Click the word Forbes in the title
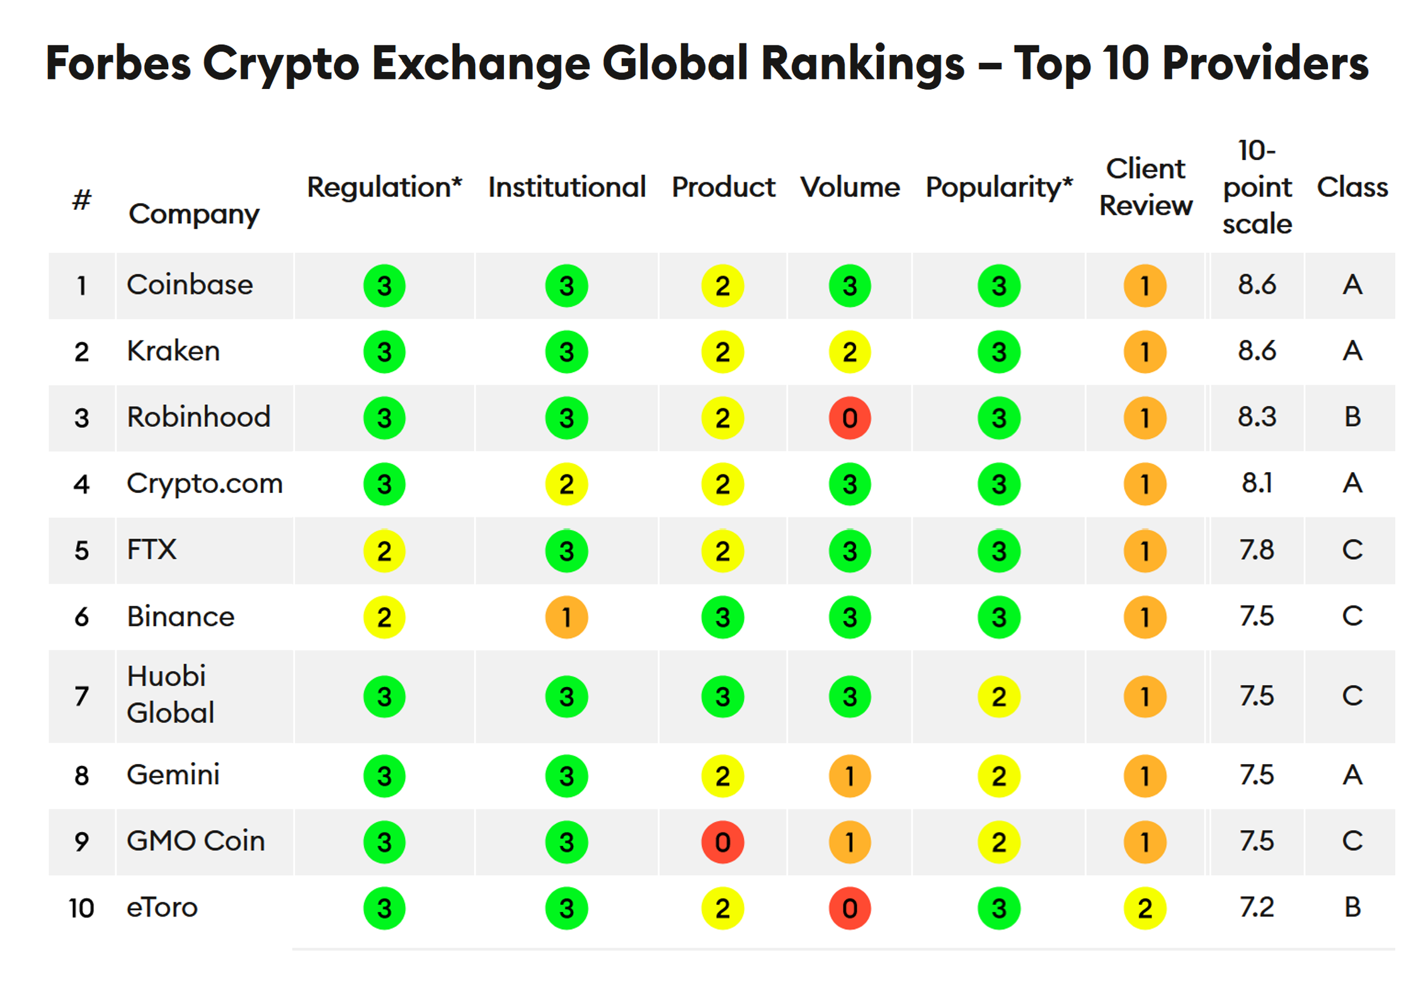tap(118, 63)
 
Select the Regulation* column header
tap(384, 187)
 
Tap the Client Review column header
tap(1145, 187)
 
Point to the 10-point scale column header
tap(1257, 187)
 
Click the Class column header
tap(1352, 187)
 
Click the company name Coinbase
tap(190, 285)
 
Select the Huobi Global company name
tap(170, 695)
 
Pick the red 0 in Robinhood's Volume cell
tap(849, 418)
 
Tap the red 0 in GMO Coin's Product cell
tap(723, 842)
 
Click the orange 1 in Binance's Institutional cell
tap(566, 617)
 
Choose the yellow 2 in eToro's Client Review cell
tap(1145, 908)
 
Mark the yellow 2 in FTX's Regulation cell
tap(384, 550)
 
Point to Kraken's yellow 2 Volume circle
tap(849, 352)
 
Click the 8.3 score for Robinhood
tap(1257, 417)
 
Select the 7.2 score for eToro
tap(1257, 908)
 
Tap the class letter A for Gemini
tap(1352, 775)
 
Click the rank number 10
tap(81, 908)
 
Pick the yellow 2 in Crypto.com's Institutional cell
tap(566, 484)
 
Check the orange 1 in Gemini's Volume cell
tap(849, 775)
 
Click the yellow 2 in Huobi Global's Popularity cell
tap(998, 697)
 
